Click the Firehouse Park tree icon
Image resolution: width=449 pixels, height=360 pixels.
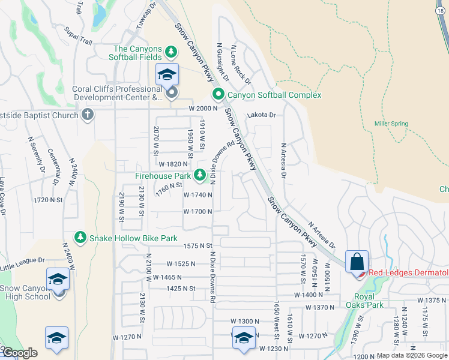click(x=200, y=176)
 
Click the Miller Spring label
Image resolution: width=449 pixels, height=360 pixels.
click(x=391, y=124)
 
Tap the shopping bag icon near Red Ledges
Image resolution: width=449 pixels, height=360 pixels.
click(x=357, y=262)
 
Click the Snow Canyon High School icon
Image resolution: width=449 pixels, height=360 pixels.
click(x=58, y=280)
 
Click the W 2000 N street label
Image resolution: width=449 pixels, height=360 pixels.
click(x=201, y=109)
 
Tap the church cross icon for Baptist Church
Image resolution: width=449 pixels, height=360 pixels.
click(x=88, y=115)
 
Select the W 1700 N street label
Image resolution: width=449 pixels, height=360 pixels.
click(x=198, y=212)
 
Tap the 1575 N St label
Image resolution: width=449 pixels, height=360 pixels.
click(x=199, y=246)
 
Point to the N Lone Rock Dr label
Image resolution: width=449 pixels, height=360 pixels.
click(x=240, y=65)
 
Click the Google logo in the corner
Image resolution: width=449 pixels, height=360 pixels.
click(x=20, y=353)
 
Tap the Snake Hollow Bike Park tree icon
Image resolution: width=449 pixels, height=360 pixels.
click(x=80, y=238)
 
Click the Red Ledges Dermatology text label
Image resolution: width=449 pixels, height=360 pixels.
click(x=408, y=273)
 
